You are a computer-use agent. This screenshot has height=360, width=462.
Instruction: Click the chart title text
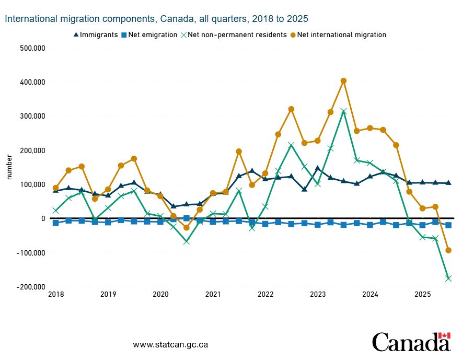[x=156, y=19]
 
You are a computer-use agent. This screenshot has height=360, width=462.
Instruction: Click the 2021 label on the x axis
[x=213, y=294]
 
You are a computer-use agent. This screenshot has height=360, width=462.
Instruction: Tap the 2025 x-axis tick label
[x=422, y=294]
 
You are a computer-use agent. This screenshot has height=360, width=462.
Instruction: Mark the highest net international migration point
[x=343, y=81]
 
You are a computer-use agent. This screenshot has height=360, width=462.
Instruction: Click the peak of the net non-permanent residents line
[x=343, y=111]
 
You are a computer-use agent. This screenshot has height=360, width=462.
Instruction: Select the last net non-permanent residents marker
[x=448, y=278]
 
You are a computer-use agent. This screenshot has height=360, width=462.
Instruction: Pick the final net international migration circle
[x=448, y=250]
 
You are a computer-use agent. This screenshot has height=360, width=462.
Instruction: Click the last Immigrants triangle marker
[x=448, y=183]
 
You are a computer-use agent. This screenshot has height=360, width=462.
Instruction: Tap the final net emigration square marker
[x=448, y=225]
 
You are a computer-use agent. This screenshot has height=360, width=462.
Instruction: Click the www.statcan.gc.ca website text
[x=171, y=345]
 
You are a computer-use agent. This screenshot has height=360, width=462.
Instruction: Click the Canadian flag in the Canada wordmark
[x=444, y=335]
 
